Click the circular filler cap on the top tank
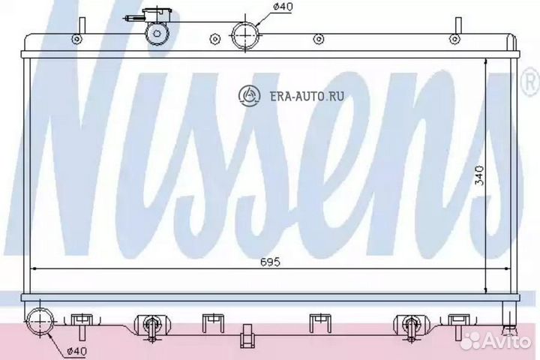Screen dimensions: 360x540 pos(158,33)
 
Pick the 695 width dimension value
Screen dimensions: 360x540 pos(270,262)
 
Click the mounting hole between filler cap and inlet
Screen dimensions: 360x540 pos(215,39)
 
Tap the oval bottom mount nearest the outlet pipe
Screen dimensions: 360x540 pos(148,324)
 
